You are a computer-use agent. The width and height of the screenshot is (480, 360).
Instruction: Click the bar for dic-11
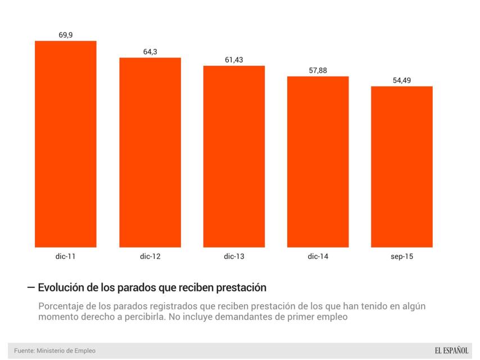coord(66,144)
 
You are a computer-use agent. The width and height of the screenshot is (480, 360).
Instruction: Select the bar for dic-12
coord(150,152)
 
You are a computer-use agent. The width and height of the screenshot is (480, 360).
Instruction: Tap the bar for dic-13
coord(234,156)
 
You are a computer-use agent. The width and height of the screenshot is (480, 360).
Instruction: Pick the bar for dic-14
coord(318,161)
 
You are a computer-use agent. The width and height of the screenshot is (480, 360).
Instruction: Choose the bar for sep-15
coord(401,166)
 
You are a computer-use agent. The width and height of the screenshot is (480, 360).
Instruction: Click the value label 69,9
coord(66,35)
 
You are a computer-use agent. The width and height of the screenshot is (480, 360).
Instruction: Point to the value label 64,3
coord(150,52)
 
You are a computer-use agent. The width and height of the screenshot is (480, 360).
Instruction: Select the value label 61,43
coord(234,60)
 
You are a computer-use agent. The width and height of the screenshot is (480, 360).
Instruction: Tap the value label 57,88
coord(318,70)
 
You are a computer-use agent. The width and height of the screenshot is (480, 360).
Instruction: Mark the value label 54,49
coord(401,80)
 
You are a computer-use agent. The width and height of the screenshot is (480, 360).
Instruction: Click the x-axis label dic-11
coord(66,256)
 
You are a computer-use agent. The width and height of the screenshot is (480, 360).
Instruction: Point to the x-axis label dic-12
coord(150,256)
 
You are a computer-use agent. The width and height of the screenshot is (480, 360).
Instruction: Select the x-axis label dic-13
coord(234,256)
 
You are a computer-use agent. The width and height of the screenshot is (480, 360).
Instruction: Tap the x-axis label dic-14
coord(318,256)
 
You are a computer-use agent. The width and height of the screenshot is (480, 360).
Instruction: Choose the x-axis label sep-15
coord(401,256)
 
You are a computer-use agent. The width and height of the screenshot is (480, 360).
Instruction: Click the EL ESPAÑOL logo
coord(451,350)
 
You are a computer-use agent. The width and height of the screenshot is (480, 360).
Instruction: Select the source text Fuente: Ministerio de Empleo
coord(55,351)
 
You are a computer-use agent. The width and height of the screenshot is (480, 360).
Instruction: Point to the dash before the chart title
coord(31,287)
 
